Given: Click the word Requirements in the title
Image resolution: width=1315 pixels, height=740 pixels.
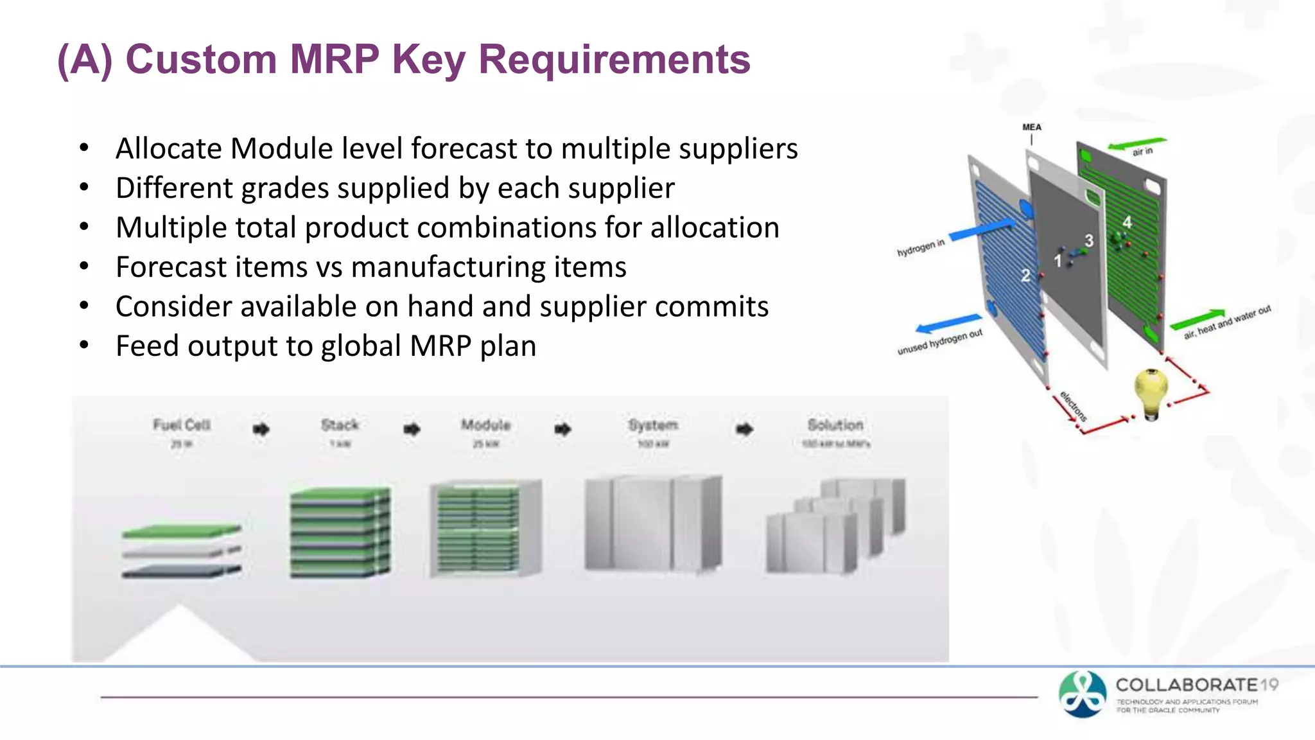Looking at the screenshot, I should (x=614, y=59).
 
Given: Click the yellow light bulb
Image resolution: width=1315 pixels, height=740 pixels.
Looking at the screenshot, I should (x=1151, y=392).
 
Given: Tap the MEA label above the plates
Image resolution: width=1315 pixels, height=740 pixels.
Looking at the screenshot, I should (x=1031, y=127).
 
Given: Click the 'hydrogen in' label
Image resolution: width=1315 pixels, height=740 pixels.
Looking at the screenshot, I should (x=921, y=247).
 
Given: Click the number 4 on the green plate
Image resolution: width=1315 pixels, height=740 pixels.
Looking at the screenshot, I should (x=1127, y=222).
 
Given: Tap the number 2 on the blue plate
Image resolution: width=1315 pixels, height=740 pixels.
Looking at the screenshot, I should (x=1025, y=276).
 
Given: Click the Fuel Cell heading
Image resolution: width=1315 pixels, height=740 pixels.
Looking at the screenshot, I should (x=182, y=425).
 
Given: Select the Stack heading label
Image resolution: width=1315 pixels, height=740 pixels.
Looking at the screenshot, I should (x=340, y=425).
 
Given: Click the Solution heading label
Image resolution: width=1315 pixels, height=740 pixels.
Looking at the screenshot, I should (x=835, y=425).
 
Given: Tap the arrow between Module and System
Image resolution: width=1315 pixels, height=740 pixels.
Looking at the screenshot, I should (x=562, y=428).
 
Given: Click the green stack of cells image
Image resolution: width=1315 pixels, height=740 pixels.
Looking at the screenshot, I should (x=340, y=533).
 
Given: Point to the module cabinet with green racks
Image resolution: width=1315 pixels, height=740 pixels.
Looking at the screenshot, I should (x=485, y=529).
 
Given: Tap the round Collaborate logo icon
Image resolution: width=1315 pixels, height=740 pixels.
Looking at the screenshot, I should (x=1083, y=694).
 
